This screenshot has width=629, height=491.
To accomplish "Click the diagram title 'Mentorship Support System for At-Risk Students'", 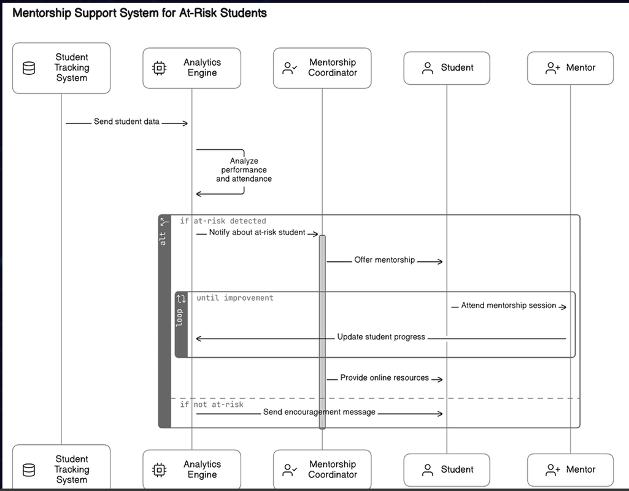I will click(139, 13).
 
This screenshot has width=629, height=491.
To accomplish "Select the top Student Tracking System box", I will click(61, 68).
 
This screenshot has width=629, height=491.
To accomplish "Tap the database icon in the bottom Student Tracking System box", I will click(29, 470).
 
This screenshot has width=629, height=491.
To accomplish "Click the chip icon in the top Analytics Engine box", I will click(159, 68).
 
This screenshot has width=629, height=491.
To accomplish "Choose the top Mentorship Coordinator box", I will click(322, 68).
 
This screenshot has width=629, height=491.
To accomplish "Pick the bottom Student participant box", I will click(447, 470).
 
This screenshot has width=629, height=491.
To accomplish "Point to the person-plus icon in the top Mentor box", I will click(553, 68).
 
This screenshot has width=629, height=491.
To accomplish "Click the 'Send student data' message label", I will click(126, 122).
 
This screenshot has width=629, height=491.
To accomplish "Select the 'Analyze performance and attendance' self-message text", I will click(244, 170).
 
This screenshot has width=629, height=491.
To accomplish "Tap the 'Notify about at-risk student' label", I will click(257, 233).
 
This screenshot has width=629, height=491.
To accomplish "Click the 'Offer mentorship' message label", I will click(384, 260).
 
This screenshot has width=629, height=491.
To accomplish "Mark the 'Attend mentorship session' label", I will click(509, 306).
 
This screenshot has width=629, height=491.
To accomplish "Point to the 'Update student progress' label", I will click(381, 337).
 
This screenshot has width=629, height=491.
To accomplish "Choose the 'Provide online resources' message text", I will click(384, 378).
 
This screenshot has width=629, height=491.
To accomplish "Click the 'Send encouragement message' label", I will click(319, 412).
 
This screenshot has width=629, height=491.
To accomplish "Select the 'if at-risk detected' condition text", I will click(223, 221).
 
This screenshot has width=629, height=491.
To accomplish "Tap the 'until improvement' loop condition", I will click(235, 298).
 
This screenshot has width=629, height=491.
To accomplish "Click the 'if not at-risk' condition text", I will click(212, 404).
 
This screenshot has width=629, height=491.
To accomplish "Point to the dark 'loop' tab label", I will click(180, 317).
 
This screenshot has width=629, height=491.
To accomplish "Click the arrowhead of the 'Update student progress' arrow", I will click(199, 338).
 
